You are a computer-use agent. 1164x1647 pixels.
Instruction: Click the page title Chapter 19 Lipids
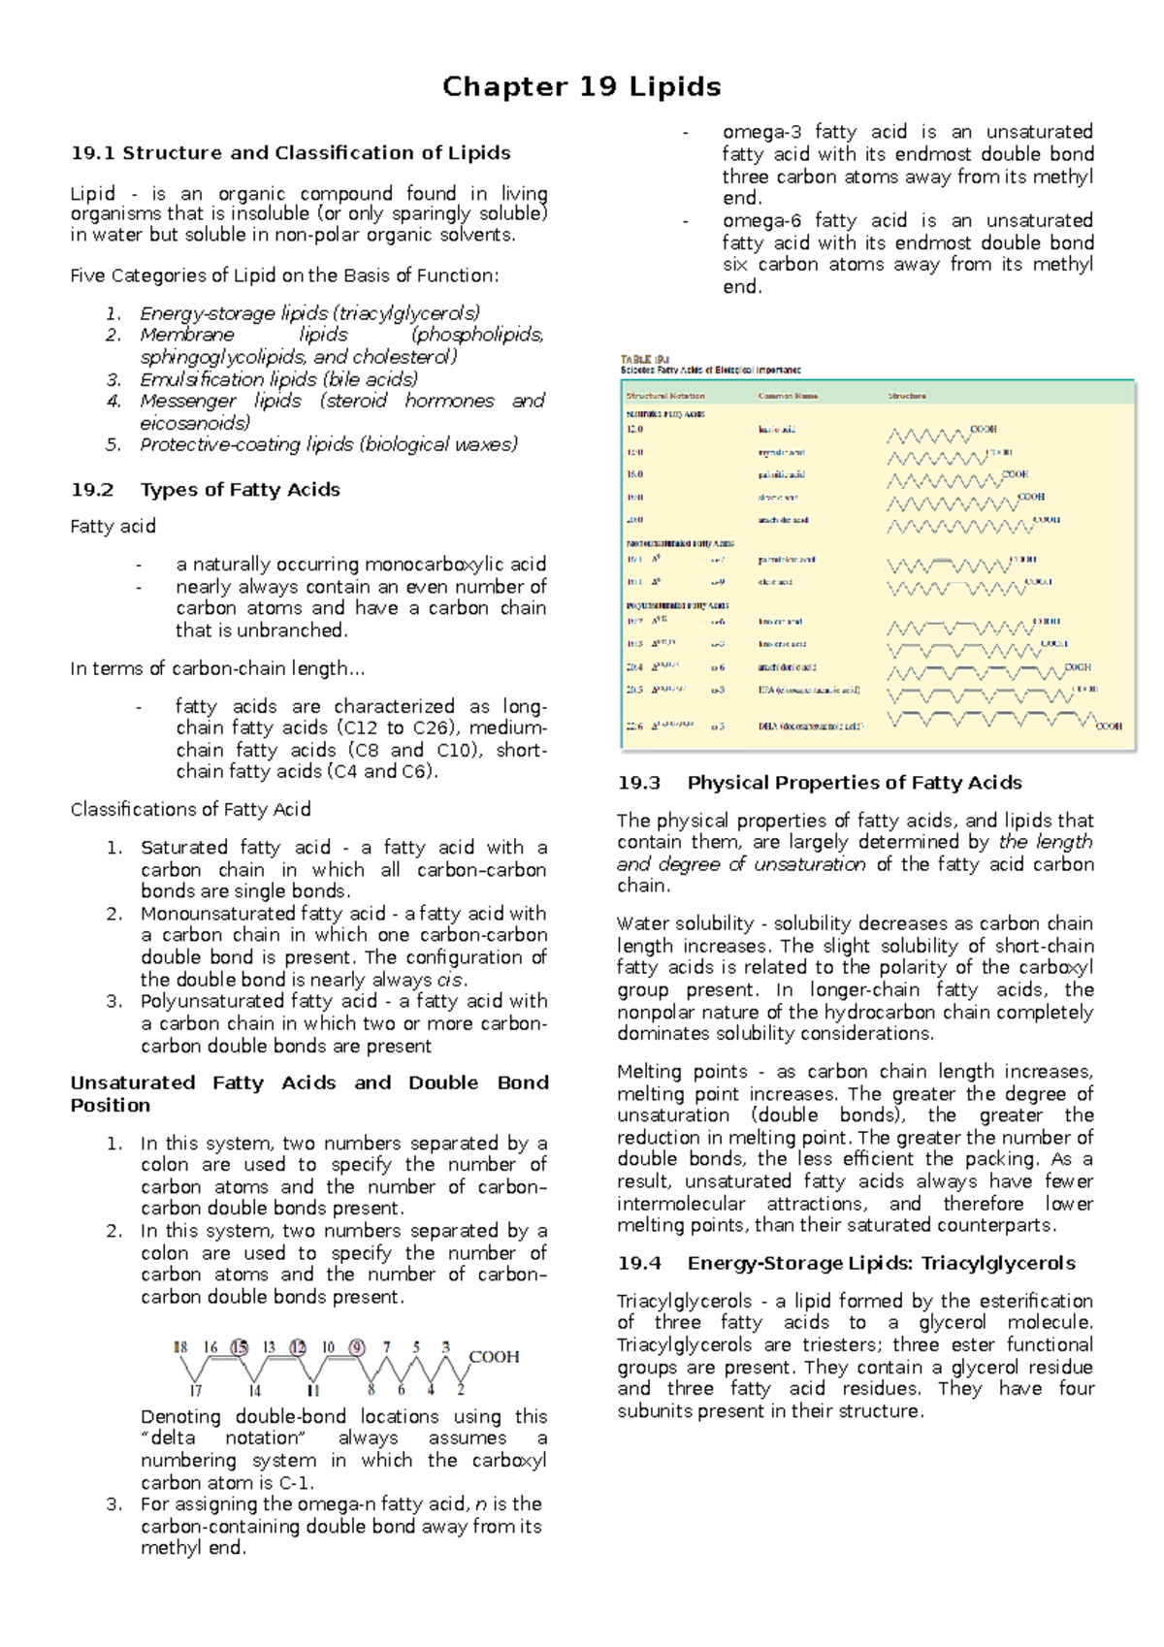point(581,87)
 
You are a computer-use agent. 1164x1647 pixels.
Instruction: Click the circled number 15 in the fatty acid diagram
point(239,1347)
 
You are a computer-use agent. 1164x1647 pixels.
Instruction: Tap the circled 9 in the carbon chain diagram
point(357,1347)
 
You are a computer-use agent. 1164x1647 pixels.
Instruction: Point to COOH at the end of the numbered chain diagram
point(494,1357)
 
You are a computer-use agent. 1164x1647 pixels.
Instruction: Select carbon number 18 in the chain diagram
point(180,1347)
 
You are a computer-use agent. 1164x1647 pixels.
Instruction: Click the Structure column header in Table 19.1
point(907,396)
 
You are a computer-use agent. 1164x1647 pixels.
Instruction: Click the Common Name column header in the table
point(788,396)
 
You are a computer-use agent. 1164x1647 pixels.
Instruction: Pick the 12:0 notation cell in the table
point(635,429)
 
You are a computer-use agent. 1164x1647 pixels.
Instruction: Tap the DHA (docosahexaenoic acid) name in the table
point(810,726)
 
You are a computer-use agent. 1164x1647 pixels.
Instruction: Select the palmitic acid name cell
point(781,474)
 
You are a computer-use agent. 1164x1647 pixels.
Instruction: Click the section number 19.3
point(638,783)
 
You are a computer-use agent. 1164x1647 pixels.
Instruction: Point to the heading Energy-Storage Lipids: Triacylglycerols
point(881,1263)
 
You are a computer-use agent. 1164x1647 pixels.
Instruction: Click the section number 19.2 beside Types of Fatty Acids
point(92,490)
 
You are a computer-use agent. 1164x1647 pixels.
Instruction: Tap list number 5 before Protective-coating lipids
point(113,444)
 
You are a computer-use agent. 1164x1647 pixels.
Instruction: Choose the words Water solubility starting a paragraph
point(685,923)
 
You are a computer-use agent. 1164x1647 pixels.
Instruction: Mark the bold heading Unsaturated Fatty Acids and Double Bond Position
point(308,1093)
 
